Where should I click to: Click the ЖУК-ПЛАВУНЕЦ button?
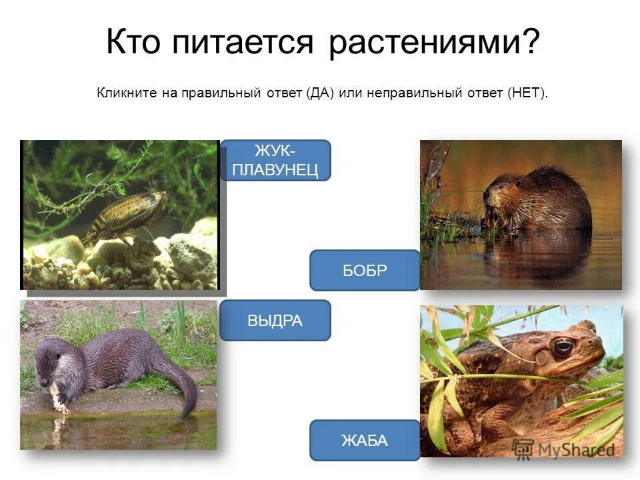275,160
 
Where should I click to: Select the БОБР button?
365,270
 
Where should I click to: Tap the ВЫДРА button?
275,320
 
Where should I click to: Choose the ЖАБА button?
365,440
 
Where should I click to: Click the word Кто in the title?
131,43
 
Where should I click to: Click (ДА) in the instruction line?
320,93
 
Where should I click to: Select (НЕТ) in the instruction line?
527,93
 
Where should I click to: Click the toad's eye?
562,347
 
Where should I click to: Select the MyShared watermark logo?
563,449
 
